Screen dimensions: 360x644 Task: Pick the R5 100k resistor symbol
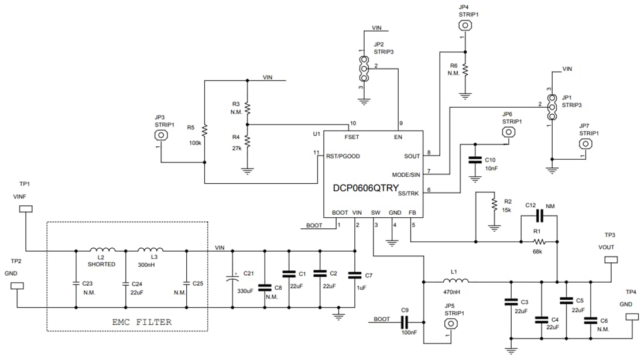pyautogui.click(x=204, y=129)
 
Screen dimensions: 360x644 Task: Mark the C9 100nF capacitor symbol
pyautogui.click(x=405, y=321)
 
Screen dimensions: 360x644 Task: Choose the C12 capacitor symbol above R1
pyautogui.click(x=539, y=217)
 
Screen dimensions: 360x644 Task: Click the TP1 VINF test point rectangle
pyautogui.click(x=26, y=210)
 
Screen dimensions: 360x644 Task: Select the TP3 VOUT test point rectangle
pyautogui.click(x=611, y=259)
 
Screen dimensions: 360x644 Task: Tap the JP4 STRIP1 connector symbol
pyautogui.click(x=465, y=25)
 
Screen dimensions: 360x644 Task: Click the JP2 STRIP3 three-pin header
pyautogui.click(x=364, y=69)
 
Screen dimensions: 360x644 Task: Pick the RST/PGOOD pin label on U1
pyautogui.click(x=343, y=156)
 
